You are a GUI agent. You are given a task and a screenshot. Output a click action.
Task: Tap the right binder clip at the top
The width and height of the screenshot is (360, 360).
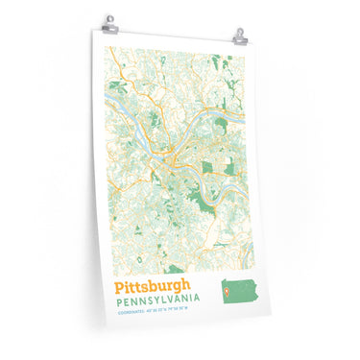pyautogui.click(x=239, y=36)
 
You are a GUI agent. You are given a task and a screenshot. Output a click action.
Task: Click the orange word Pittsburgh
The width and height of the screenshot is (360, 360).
pyautogui.click(x=153, y=286)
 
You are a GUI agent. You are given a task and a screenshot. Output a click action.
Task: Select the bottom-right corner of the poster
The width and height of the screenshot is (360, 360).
pyautogui.click(x=259, y=319)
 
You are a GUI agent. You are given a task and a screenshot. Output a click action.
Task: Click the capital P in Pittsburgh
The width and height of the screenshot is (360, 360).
pyautogui.click(x=119, y=286)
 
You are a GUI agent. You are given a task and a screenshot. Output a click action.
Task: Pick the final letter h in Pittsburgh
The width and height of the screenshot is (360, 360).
pyautogui.click(x=186, y=285)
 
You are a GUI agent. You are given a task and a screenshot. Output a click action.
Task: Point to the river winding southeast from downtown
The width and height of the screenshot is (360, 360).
pyautogui.click(x=202, y=182)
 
